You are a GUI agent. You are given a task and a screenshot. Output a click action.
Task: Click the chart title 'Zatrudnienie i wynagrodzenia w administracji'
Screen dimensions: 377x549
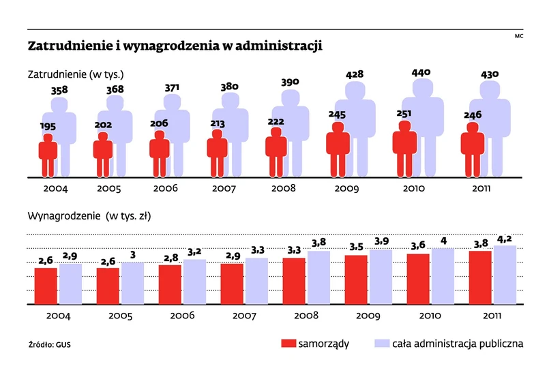point(175,46)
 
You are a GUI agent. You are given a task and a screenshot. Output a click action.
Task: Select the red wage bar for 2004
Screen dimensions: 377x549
point(46,286)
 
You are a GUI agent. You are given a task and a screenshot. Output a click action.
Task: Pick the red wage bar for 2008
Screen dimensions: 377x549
point(294,281)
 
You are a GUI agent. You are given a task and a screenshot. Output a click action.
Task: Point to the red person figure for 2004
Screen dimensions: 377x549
point(47,155)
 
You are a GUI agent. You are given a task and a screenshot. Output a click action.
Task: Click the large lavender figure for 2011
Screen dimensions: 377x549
point(494,126)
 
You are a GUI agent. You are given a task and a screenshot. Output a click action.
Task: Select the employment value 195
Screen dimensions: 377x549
point(46,126)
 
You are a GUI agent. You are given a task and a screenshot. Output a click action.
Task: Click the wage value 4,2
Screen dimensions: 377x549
point(506,239)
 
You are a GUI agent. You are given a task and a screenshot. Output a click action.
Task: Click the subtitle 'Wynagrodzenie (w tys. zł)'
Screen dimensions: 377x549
point(89,216)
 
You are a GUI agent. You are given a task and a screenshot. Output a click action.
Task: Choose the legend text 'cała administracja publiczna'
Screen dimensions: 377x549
point(458,344)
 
